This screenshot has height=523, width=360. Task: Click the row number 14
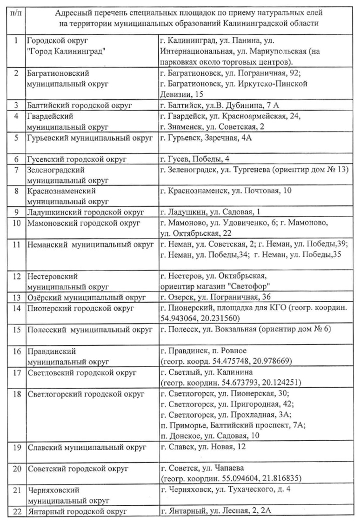tap(17, 308)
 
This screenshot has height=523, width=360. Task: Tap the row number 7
tap(17, 170)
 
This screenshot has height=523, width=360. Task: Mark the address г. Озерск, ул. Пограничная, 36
tap(215, 297)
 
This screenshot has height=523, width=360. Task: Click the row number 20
tap(17, 468)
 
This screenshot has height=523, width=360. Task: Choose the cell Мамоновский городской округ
tap(83, 223)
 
